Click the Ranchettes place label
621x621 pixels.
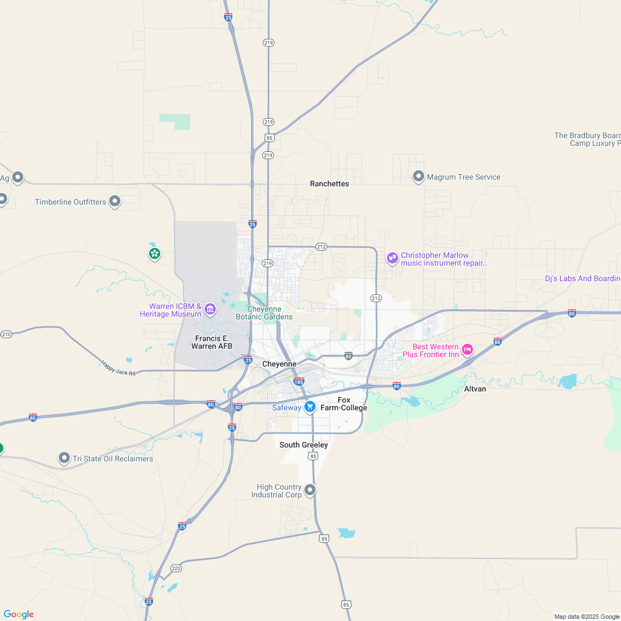[329, 184]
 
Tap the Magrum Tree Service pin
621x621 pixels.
[419, 176]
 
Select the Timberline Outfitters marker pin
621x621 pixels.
[115, 201]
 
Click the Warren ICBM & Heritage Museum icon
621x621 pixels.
[210, 309]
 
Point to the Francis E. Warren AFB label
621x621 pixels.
[212, 342]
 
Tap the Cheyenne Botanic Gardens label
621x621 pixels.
[264, 313]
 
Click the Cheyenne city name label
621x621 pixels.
[279, 364]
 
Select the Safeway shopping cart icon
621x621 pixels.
[310, 407]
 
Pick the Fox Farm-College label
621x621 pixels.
[344, 404]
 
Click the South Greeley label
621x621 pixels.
[303, 445]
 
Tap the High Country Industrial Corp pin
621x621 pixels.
[310, 490]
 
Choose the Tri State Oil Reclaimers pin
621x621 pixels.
[65, 458]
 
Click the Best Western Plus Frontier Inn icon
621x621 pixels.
[467, 349]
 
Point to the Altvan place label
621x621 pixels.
[475, 389]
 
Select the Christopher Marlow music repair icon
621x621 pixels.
[393, 258]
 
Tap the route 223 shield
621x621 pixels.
[176, 568]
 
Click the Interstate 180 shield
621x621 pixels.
[299, 381]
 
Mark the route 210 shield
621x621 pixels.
[6, 334]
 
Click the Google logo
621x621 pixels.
[18, 614]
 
